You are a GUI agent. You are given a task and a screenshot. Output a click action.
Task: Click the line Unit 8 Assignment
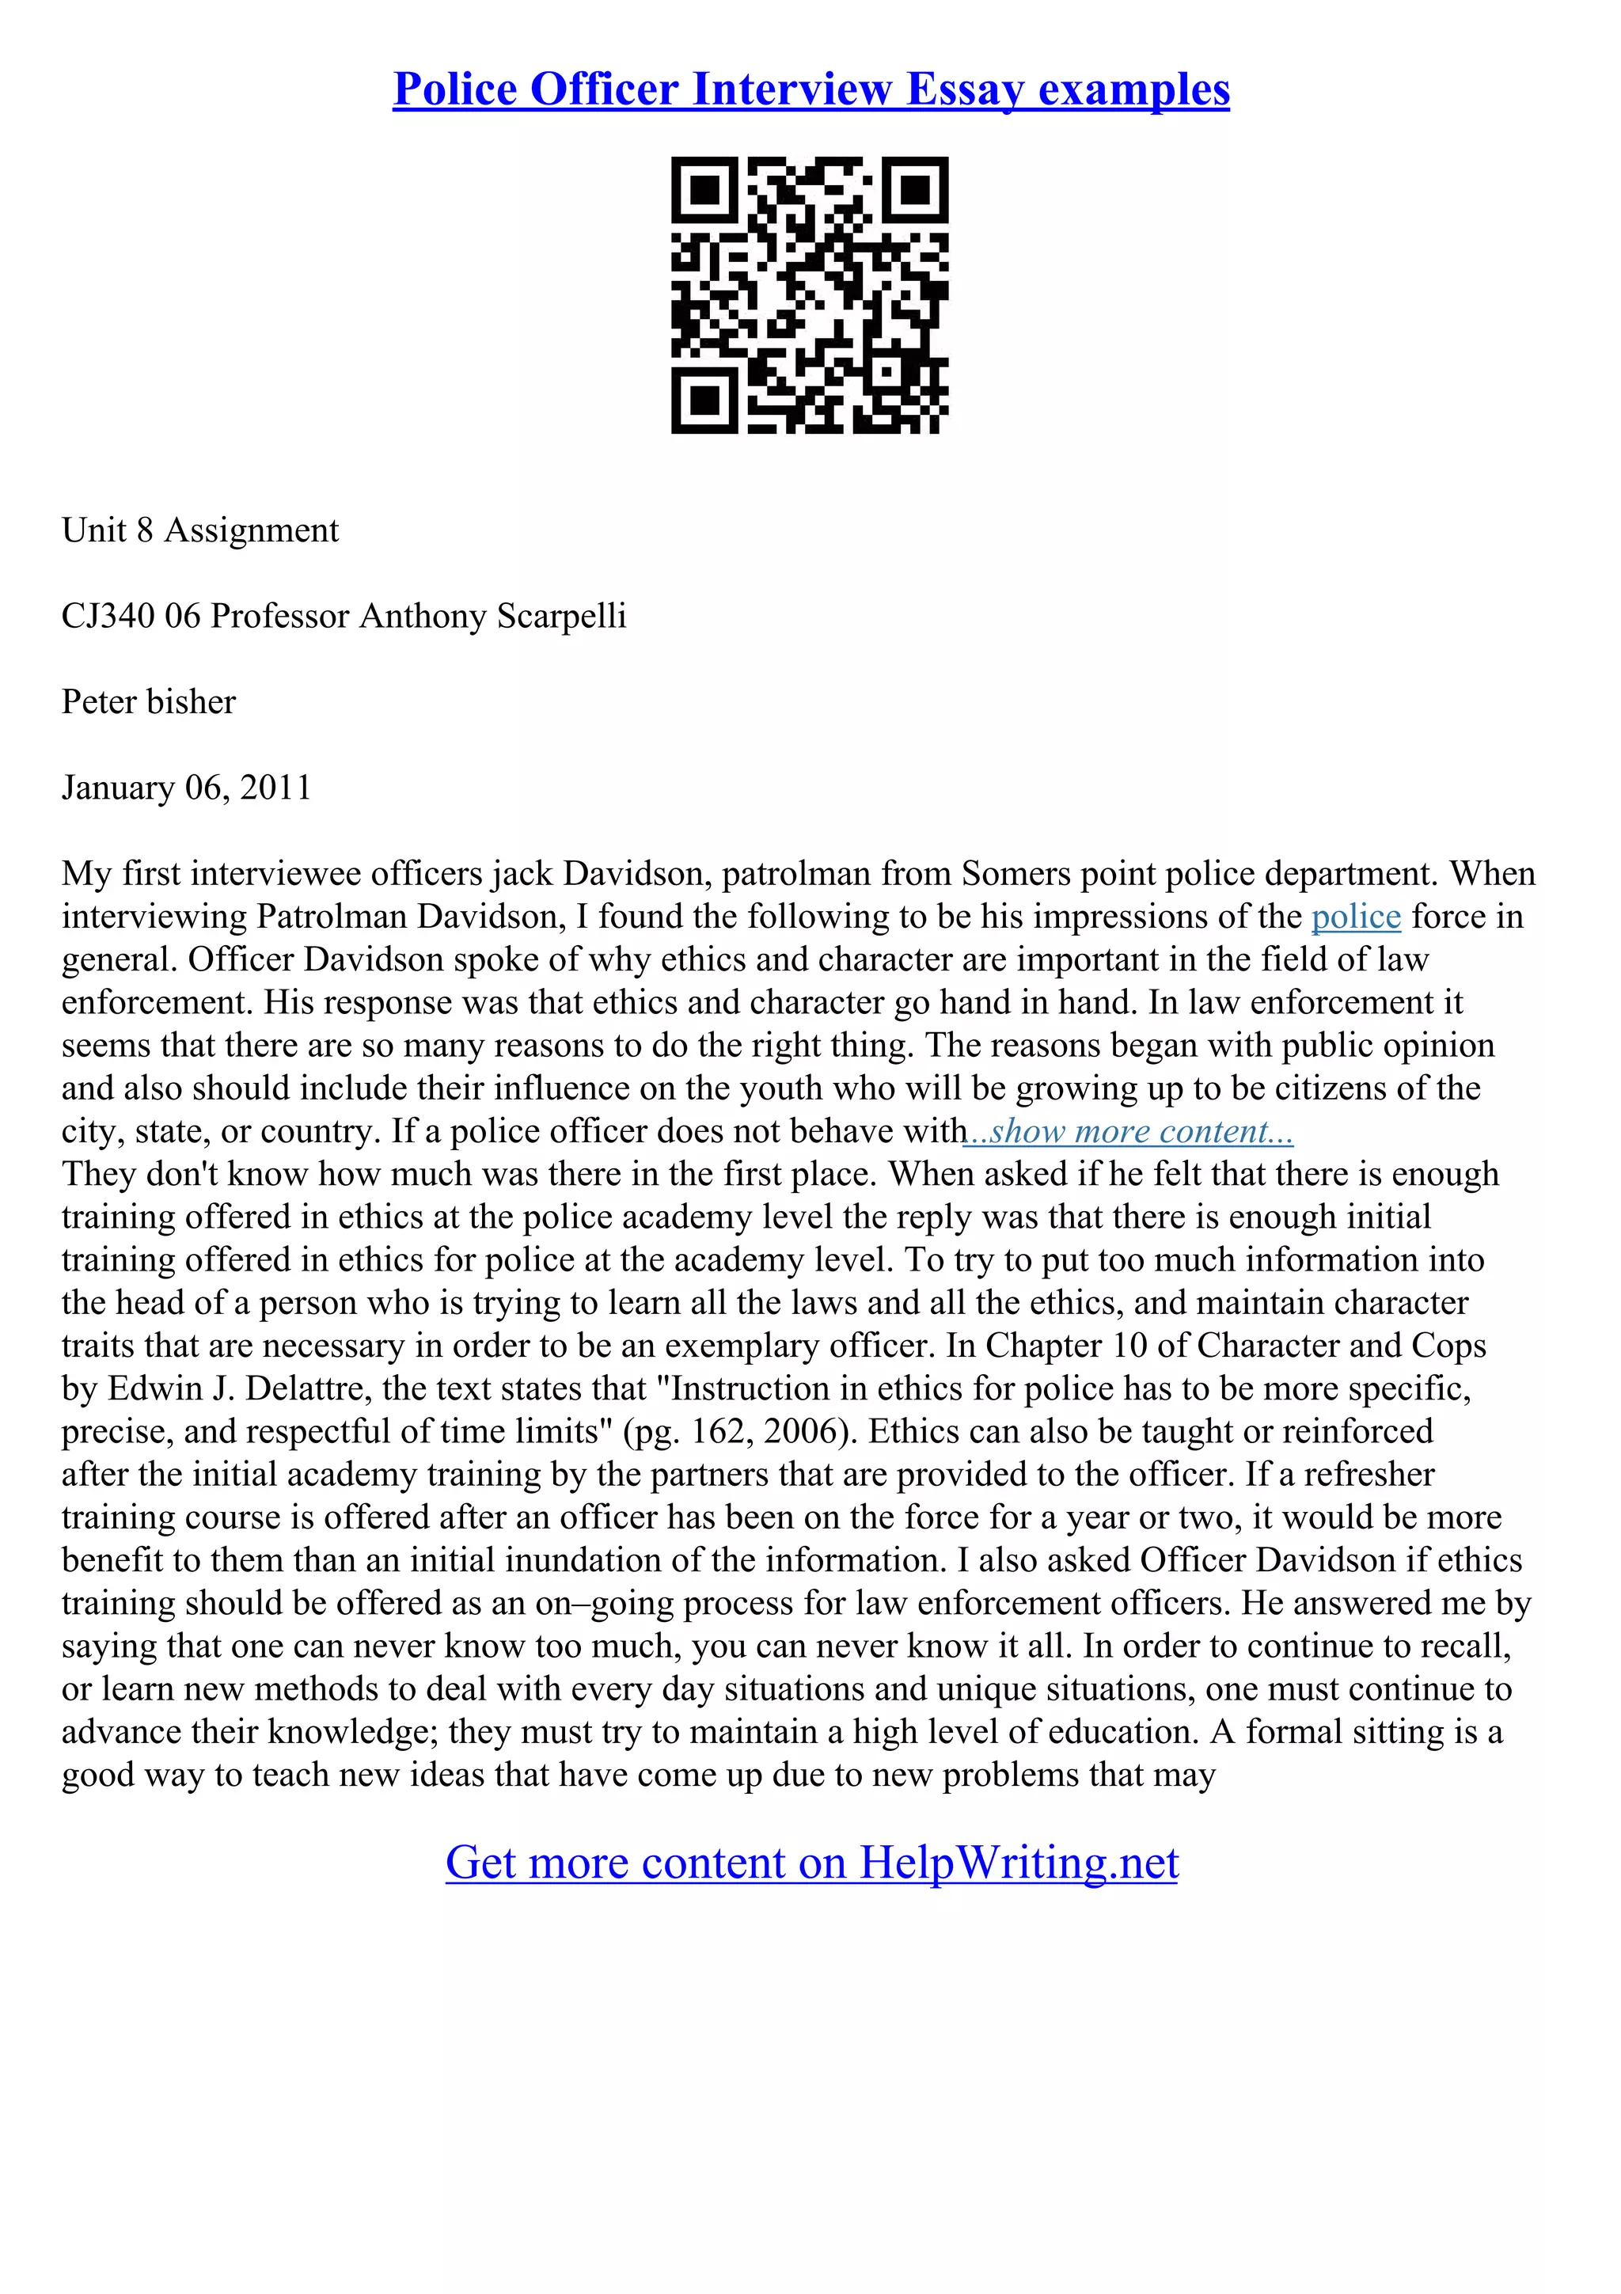[x=199, y=530]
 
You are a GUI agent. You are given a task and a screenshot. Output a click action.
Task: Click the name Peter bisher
[x=149, y=701]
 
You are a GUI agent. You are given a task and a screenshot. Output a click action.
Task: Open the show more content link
[x=1129, y=1131]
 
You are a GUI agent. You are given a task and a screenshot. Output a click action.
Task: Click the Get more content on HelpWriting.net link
[x=811, y=1863]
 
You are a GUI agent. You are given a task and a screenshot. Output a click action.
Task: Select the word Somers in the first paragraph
[x=1010, y=873]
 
